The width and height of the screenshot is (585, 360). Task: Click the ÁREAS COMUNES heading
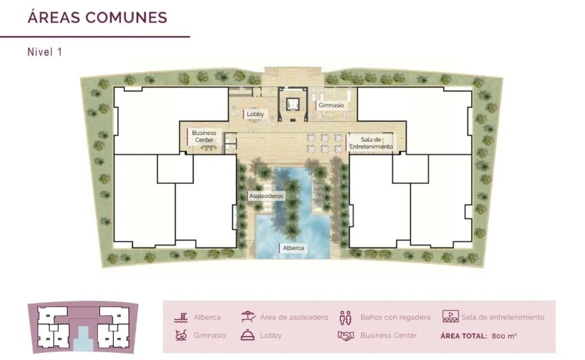pyautogui.click(x=97, y=17)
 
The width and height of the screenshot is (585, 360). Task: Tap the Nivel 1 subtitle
pyautogui.click(x=45, y=52)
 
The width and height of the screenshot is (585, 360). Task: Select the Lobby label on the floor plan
pyautogui.click(x=255, y=114)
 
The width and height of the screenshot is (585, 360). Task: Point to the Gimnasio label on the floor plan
pyautogui.click(x=331, y=105)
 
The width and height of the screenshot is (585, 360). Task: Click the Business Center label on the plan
pyautogui.click(x=204, y=136)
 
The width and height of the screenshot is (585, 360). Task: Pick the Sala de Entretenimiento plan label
pyautogui.click(x=371, y=143)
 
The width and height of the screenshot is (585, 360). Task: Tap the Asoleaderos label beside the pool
pyautogui.click(x=266, y=196)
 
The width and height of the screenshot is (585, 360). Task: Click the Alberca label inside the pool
pyautogui.click(x=293, y=248)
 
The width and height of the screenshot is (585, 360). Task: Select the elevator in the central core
pyautogui.click(x=292, y=104)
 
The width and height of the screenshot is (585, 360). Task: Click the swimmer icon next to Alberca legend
pyautogui.click(x=181, y=317)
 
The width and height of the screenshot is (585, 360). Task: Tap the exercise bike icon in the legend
pyautogui.click(x=181, y=335)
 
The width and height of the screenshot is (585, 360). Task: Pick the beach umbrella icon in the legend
pyautogui.click(x=248, y=316)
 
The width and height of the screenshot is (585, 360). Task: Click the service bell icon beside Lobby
pyautogui.click(x=247, y=335)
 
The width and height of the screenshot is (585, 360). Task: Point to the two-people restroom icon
pyautogui.click(x=346, y=318)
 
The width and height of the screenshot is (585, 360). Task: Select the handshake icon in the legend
pyautogui.click(x=346, y=336)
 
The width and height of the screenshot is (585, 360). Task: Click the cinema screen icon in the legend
pyautogui.click(x=450, y=316)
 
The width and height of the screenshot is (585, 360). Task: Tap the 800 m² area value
pyautogui.click(x=504, y=336)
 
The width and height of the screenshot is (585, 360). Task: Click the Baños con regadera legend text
pyautogui.click(x=395, y=317)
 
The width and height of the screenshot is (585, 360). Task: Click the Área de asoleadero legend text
pyautogui.click(x=294, y=317)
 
